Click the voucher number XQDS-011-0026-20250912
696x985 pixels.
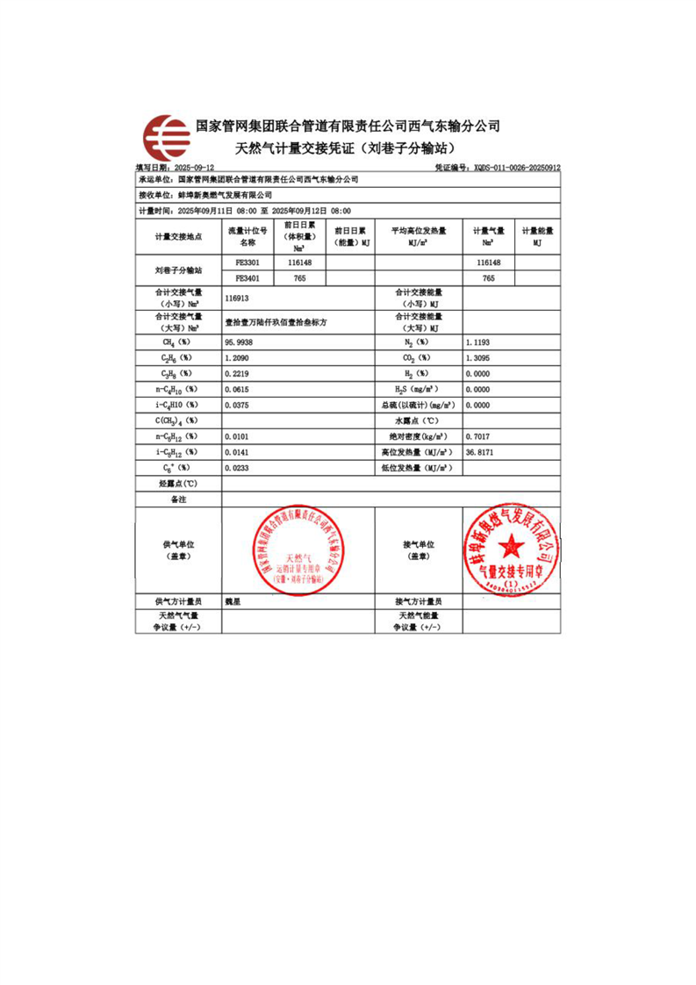[x=516, y=166]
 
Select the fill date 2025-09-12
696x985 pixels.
[x=193, y=166]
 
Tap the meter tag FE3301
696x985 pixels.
[x=247, y=262]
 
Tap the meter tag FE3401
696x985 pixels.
[x=247, y=277]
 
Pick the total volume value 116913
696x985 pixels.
[x=239, y=298]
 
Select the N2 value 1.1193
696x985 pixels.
[x=478, y=342]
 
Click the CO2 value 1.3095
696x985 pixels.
[x=478, y=357]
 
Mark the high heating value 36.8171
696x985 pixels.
[x=480, y=452]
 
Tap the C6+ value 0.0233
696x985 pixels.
[x=239, y=468]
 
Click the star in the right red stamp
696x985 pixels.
[x=511, y=550]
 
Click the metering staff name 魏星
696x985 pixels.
[x=233, y=601]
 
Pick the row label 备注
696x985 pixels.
[x=178, y=499]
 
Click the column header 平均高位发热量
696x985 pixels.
[x=419, y=231]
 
